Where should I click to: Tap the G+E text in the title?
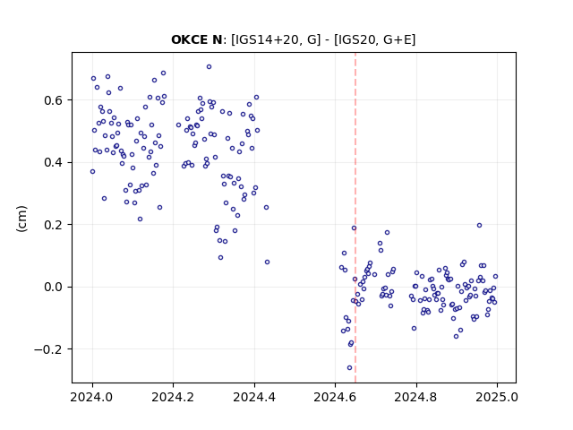pos(398,39)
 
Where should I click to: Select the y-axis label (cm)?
pos(21,219)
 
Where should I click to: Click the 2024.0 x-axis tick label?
pos(92,397)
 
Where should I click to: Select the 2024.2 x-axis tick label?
pos(173,397)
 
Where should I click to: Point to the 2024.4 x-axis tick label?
pos(254,397)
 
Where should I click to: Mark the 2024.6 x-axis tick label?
pos(335,397)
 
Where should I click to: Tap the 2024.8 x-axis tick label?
pos(415,397)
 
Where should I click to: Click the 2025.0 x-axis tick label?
pos(497,397)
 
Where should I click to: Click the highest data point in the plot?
pos(209,67)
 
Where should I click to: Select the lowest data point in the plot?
pos(350,368)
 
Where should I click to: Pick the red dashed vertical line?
pos(355,218)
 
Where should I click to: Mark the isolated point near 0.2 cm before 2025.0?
pos(480,225)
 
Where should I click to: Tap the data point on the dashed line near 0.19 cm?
pos(355,228)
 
